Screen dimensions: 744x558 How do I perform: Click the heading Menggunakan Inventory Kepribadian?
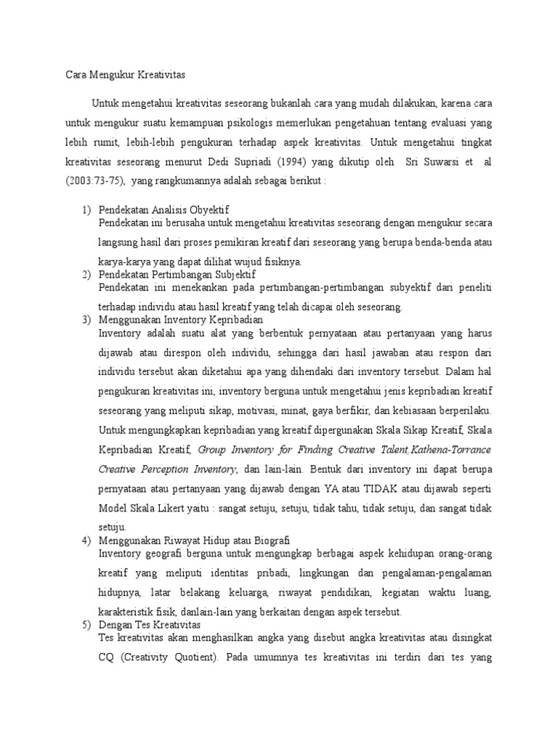coord(181,320)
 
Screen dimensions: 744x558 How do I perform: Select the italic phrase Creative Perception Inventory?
coord(164,469)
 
